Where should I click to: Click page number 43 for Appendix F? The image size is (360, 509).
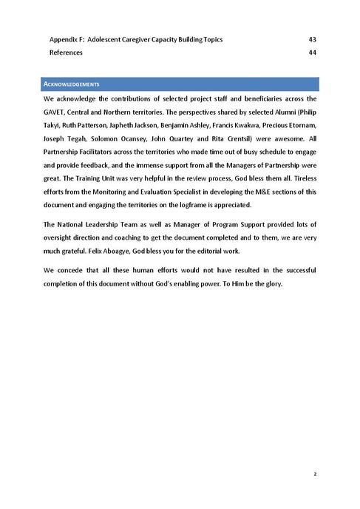point(312,39)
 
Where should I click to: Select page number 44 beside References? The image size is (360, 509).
point(312,53)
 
